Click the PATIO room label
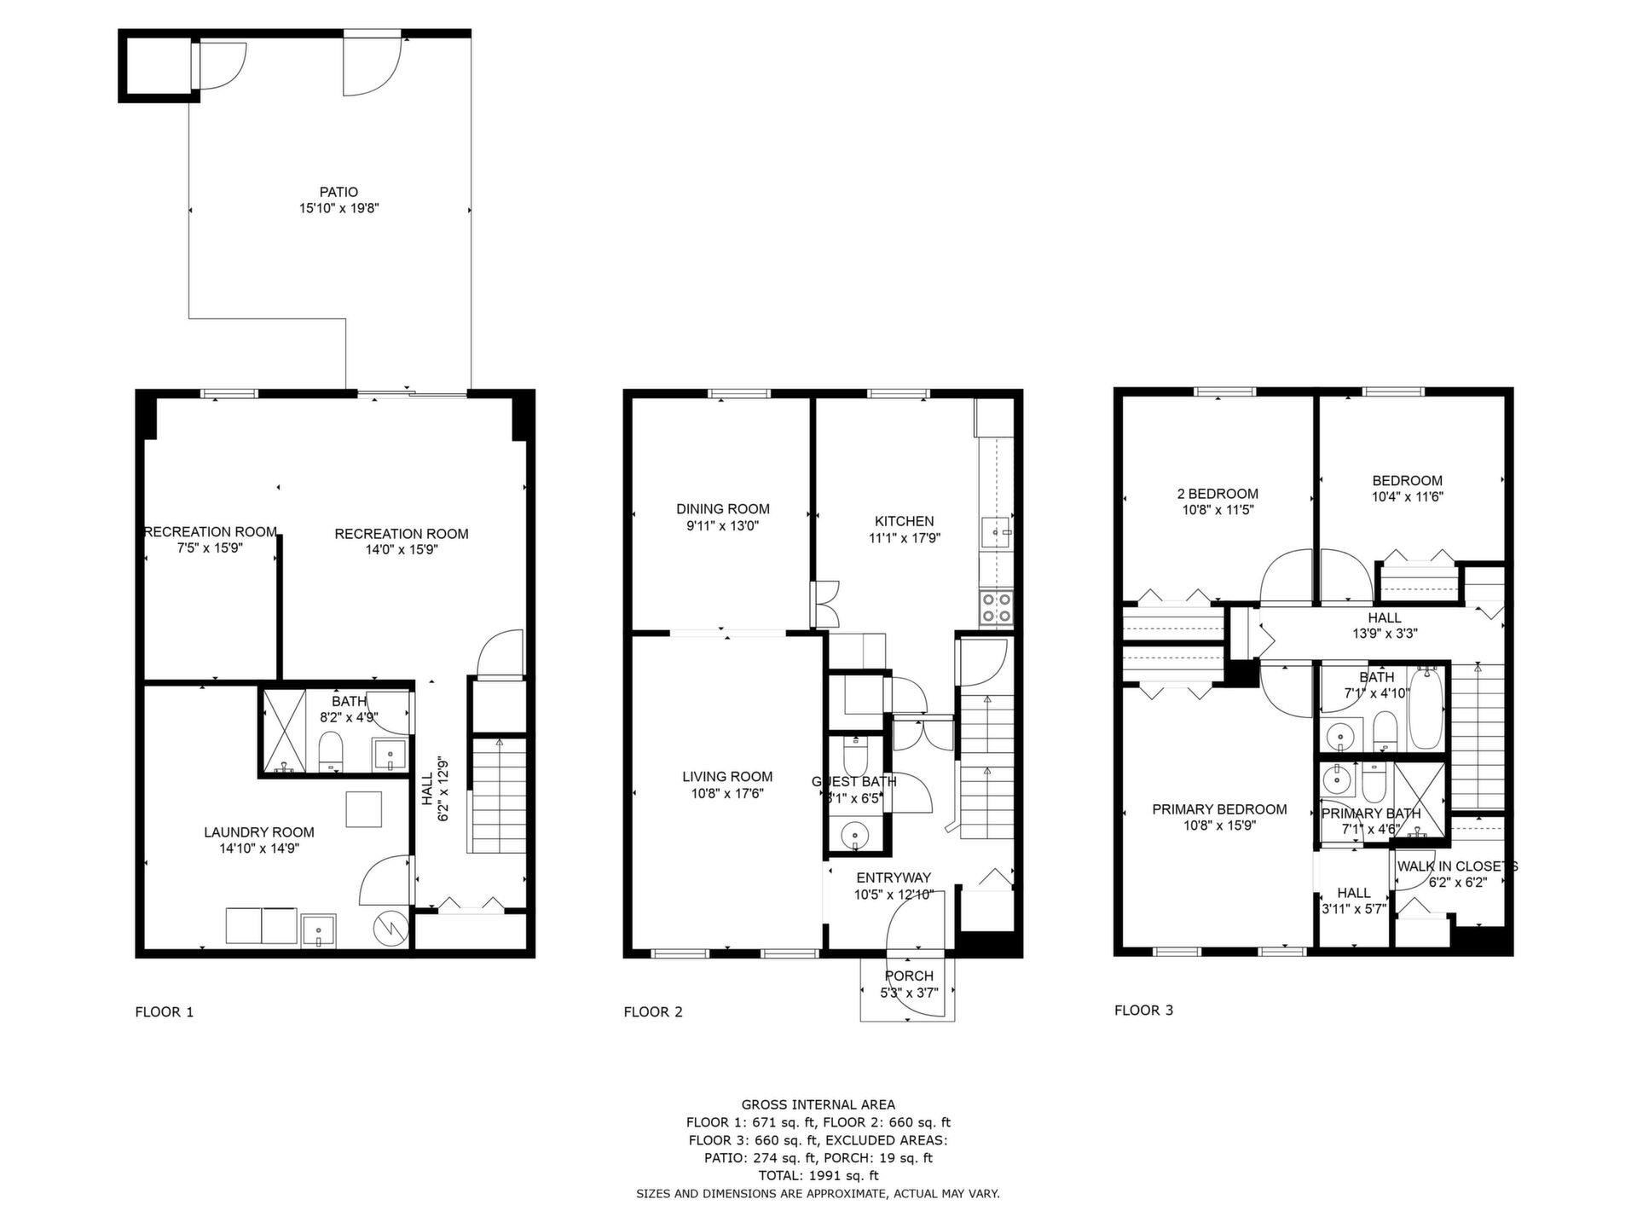338,192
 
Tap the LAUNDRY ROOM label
259,832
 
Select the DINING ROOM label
723,509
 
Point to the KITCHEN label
904,521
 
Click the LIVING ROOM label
727,777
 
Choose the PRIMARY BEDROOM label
1219,809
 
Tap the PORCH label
909,976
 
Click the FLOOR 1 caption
165,1012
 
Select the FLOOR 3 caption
1143,1011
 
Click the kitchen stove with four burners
996,606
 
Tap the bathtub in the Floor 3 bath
1425,710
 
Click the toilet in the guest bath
854,755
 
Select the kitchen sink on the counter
996,533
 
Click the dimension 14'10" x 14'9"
259,849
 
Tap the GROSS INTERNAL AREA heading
818,1105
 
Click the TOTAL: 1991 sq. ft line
818,1176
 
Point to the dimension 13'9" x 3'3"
1385,634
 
